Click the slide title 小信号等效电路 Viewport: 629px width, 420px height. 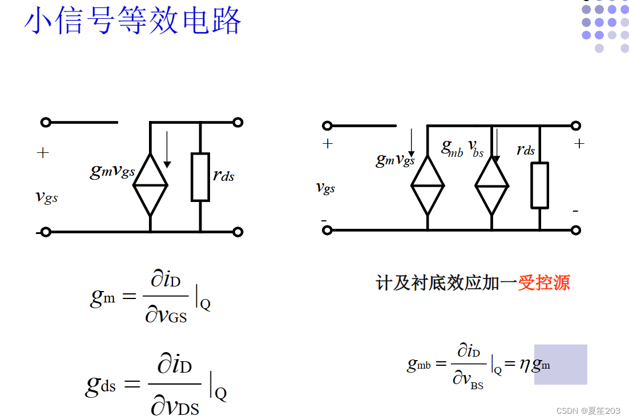pos(132,22)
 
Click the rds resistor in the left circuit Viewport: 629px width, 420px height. pos(200,177)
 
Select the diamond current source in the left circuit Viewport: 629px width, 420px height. pos(150,184)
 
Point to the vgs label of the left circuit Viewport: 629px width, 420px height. pos(47,197)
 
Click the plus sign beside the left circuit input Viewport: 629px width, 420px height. pos(43,153)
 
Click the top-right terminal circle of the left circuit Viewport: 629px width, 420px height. pos(238,122)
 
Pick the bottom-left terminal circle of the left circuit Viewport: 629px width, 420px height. pos(46,232)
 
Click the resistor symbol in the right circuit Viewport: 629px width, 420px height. pos(539,185)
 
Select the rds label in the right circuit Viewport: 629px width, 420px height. pos(526,150)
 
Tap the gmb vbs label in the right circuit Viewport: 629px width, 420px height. pos(462,148)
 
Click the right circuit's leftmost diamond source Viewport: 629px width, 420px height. pos(428,185)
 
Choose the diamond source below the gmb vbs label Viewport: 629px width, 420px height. pos(491,185)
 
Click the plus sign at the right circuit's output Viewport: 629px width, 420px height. pos(579,144)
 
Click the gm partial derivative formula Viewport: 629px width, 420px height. pos(150,297)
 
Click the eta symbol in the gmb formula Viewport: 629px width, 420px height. pos(525,364)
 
